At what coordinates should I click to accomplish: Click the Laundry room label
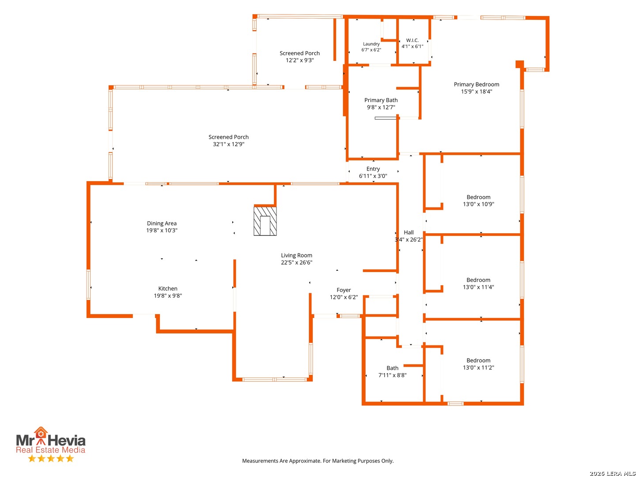[x=371, y=44]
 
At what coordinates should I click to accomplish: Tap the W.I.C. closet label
[x=412, y=40]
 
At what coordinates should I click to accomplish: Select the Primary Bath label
[x=381, y=100]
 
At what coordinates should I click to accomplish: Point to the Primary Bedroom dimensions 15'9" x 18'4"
[x=477, y=91]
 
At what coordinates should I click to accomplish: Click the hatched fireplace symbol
[x=265, y=221]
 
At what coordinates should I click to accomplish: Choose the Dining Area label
[x=162, y=223]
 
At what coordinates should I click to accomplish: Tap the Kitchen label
[x=168, y=288]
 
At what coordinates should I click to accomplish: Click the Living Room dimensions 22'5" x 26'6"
[x=296, y=262]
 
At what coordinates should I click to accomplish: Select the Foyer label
[x=344, y=290]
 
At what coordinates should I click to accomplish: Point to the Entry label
[x=373, y=169]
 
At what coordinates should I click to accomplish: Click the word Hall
[x=409, y=232]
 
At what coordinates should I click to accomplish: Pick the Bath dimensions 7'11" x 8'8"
[x=392, y=375]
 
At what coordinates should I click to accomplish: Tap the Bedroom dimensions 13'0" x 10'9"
[x=478, y=204]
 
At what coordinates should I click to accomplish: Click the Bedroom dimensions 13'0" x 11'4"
[x=478, y=287]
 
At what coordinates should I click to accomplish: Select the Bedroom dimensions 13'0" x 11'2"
[x=478, y=367]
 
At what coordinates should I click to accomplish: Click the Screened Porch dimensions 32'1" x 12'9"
[x=229, y=144]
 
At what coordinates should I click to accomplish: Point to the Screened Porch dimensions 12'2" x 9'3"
[x=299, y=60]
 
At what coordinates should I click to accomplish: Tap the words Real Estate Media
[x=50, y=450]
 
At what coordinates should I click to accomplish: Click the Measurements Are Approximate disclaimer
[x=318, y=461]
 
